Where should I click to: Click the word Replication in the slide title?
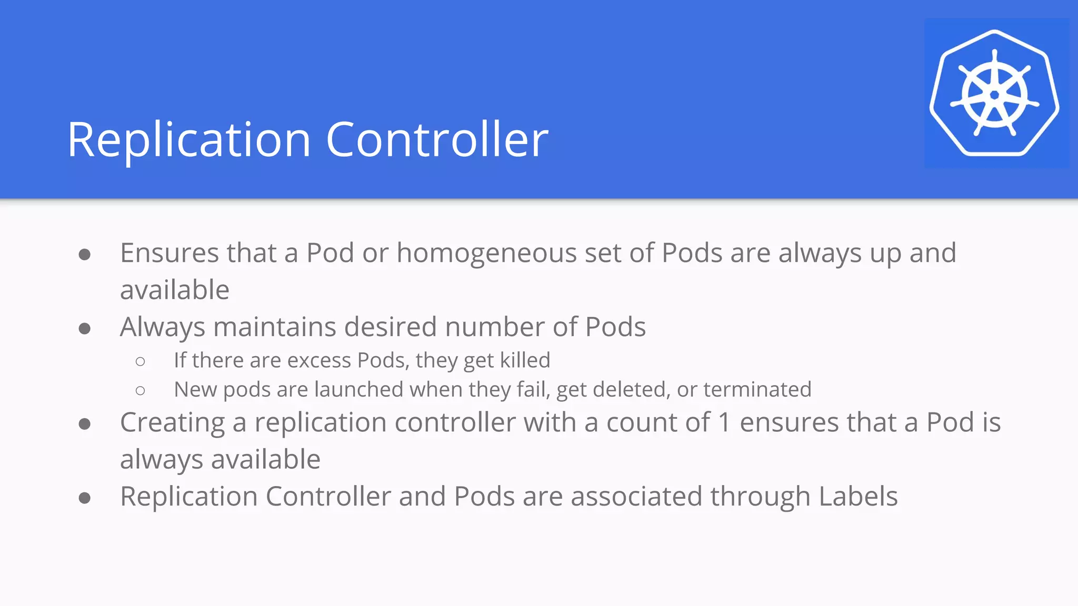pos(189,140)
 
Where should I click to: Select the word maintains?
pos(274,327)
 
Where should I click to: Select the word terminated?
pos(757,390)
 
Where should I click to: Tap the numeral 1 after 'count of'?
pos(724,423)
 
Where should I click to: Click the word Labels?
pos(858,497)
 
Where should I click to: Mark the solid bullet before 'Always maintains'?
pos(85,329)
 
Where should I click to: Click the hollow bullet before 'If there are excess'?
pos(140,361)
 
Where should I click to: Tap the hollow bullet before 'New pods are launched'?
pos(140,390)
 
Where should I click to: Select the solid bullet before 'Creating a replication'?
pos(85,424)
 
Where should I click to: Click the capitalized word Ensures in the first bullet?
pos(169,254)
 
